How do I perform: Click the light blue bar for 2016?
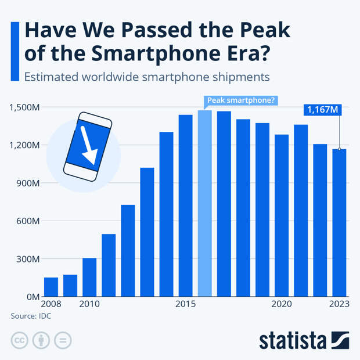click(x=205, y=203)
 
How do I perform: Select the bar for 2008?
click(x=51, y=287)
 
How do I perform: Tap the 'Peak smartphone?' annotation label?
click(x=241, y=100)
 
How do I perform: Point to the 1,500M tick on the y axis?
click(x=24, y=107)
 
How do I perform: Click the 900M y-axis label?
click(x=27, y=183)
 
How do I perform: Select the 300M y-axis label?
click(x=27, y=259)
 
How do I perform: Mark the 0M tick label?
click(x=33, y=297)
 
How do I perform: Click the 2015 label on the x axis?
click(x=185, y=304)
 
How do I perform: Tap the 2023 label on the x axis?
click(x=339, y=304)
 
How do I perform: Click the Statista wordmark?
click(x=293, y=340)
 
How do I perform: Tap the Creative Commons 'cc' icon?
click(x=19, y=340)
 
